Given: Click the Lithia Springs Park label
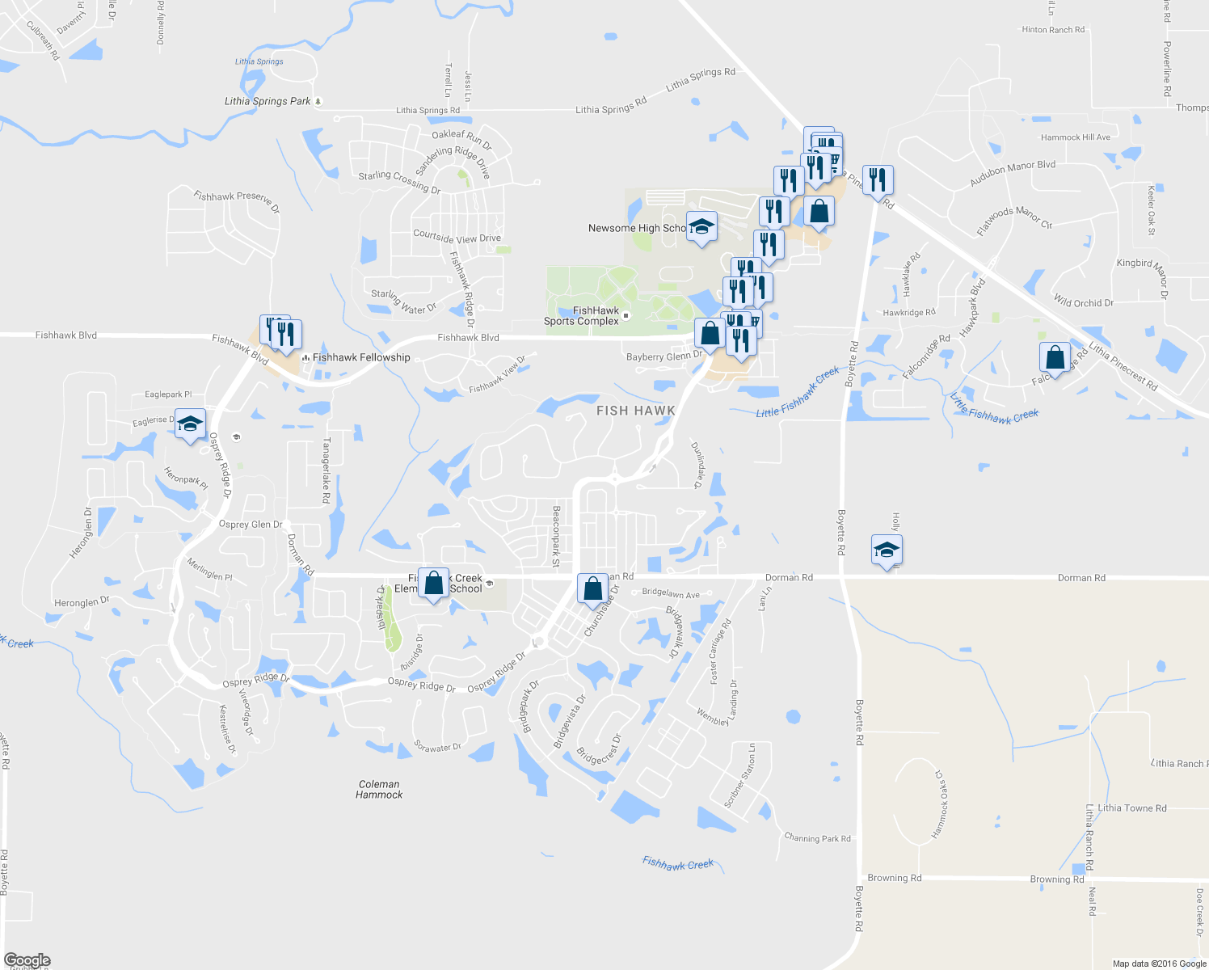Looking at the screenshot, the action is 267,101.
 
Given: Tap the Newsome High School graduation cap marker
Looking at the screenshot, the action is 701,226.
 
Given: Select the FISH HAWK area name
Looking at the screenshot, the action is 635,411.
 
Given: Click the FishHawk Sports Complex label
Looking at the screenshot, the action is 582,316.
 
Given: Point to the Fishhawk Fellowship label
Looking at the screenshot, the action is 361,357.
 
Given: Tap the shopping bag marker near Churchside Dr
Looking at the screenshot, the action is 592,589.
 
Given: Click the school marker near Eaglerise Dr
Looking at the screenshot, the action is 190,424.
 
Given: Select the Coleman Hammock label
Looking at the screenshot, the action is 379,790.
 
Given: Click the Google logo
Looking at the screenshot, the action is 27,960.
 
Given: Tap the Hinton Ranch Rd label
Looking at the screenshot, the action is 1053,30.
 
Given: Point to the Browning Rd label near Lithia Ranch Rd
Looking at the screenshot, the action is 1056,879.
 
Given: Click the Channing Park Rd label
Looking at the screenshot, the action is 817,838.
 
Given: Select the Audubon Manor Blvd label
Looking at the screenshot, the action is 1013,173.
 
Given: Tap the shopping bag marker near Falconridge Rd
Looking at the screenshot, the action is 1055,356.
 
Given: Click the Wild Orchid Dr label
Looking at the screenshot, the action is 1083,302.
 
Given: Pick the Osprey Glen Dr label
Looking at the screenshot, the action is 251,525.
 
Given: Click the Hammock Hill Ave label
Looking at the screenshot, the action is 1075,137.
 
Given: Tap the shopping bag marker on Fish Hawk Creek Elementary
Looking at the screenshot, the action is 433,584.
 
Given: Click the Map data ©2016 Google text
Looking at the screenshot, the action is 1159,964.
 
